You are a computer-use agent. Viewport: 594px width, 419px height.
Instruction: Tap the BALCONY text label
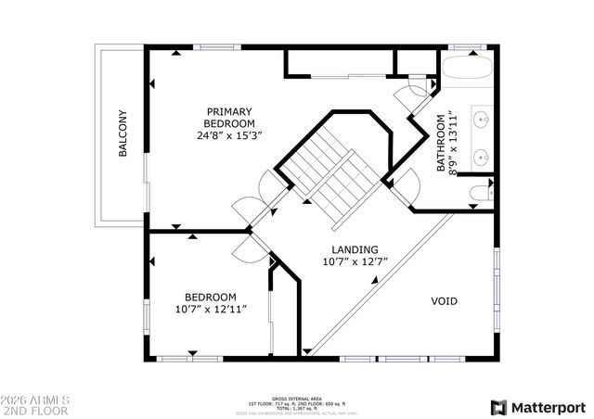click(x=123, y=134)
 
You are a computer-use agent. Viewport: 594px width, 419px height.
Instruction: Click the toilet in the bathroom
click(x=480, y=193)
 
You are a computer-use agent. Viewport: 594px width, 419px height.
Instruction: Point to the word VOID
click(x=444, y=301)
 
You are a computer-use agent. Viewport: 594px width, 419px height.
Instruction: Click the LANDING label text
click(x=355, y=249)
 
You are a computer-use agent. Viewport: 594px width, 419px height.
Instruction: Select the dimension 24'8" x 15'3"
click(x=229, y=135)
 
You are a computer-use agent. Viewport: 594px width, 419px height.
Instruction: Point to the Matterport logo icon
click(x=498, y=407)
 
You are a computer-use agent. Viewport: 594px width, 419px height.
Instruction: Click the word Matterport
click(x=549, y=407)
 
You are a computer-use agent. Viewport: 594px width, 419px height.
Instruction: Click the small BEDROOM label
click(x=210, y=297)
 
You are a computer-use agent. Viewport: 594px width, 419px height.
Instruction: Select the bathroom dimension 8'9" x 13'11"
click(x=454, y=139)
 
